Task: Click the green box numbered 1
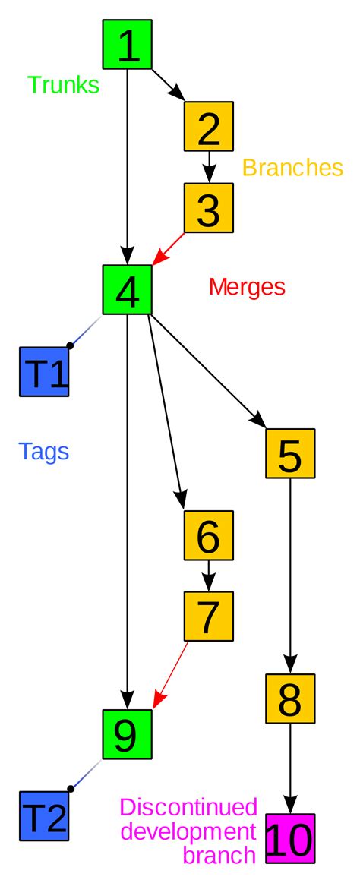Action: click(x=128, y=45)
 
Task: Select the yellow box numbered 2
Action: click(x=208, y=126)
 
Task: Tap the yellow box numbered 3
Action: click(x=208, y=207)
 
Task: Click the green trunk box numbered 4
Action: click(x=128, y=289)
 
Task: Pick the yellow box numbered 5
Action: click(x=290, y=453)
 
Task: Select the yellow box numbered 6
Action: click(x=208, y=535)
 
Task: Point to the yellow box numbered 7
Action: click(x=208, y=616)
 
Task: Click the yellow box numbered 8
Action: click(x=290, y=698)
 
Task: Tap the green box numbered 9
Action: click(x=128, y=734)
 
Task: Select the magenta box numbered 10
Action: click(x=290, y=839)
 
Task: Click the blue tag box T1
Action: click(x=45, y=371)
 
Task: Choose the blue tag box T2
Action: click(x=45, y=816)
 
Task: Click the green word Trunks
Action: click(x=64, y=85)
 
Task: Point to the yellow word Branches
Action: click(x=292, y=167)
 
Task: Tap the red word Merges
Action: click(x=247, y=287)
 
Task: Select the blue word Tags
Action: click(x=44, y=452)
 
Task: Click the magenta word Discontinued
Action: click(x=189, y=806)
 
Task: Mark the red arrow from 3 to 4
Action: click(x=170, y=248)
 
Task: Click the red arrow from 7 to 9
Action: click(x=172, y=674)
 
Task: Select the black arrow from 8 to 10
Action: click(x=290, y=767)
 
